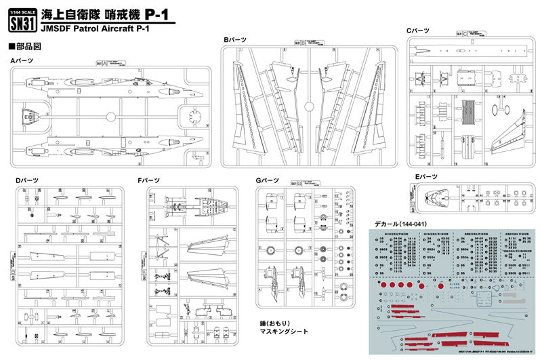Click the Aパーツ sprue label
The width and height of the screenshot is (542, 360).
[x=23, y=61]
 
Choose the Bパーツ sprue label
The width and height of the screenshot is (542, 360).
[x=235, y=41]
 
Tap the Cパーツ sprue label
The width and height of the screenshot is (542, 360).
[x=418, y=31]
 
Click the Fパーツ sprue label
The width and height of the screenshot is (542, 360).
[x=150, y=180]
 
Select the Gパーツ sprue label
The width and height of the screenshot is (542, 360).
[x=268, y=180]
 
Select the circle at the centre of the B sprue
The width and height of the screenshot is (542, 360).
[x=308, y=106]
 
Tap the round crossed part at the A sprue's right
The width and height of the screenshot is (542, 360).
[x=196, y=114]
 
